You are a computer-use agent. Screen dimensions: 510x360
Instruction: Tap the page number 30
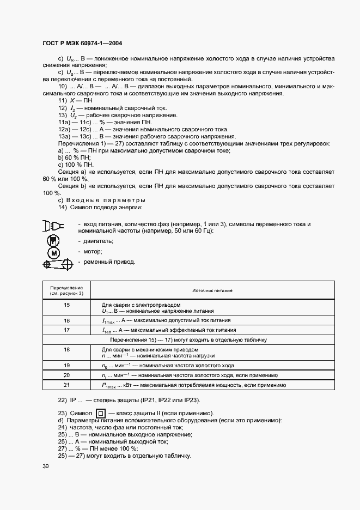coord(45,466)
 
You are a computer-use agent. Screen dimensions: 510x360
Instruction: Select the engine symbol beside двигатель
coord(53,240)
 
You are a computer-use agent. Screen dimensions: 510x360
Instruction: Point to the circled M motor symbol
coord(53,252)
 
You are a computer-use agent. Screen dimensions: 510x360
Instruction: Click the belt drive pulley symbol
coord(57,264)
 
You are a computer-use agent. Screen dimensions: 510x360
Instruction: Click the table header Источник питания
coord(212,290)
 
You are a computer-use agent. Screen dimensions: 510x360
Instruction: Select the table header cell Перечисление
coord(66,290)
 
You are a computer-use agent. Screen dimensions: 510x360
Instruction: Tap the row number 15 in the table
coord(66,307)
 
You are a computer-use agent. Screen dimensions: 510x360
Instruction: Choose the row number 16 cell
coord(66,320)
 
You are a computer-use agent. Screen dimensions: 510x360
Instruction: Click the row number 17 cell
coord(66,330)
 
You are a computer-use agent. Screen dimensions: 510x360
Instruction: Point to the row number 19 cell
coord(66,365)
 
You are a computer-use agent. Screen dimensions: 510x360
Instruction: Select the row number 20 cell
coord(66,375)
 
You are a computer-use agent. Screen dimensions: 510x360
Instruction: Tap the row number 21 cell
coord(66,385)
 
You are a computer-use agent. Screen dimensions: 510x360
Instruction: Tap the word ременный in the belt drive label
coord(99,262)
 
